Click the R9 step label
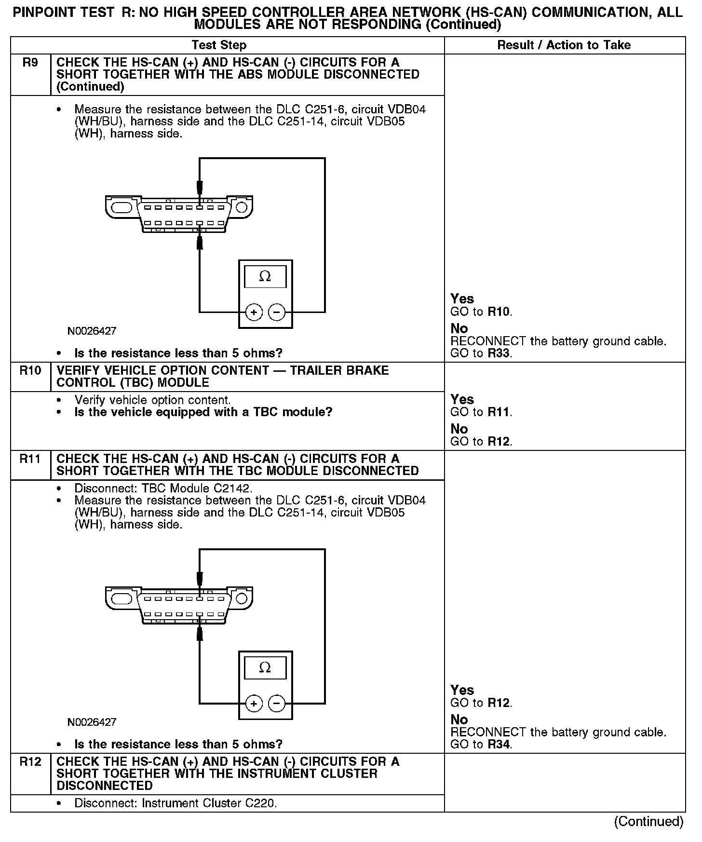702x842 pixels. pos(30,63)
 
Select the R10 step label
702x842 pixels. pos(30,371)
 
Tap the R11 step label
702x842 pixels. pos(30,459)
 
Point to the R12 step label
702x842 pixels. pos(30,762)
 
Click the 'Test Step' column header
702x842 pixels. pos(219,45)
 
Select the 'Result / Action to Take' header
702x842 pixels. pos(564,45)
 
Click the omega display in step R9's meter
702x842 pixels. pos(265,277)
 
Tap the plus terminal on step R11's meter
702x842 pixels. pos(254,704)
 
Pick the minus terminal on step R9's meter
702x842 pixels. pos(276,312)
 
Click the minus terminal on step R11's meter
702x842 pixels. pos(276,704)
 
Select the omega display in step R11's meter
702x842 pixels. pos(265,668)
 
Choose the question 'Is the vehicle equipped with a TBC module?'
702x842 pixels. pos(203,412)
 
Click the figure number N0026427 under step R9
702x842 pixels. pos(92,331)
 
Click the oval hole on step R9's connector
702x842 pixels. pos(121,208)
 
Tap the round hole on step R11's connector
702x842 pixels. pos(241,599)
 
